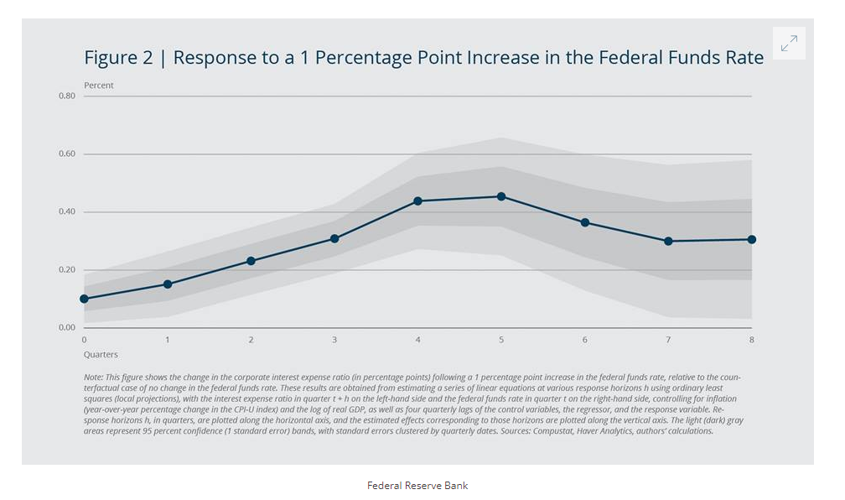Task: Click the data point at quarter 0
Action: [84, 299]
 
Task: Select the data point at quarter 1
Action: [168, 284]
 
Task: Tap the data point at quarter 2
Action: [251, 261]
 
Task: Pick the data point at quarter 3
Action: [334, 239]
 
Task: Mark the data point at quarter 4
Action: [417, 201]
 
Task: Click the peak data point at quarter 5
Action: [501, 196]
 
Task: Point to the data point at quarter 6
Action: [585, 222]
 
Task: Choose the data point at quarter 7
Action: [668, 241]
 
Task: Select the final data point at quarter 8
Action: [752, 239]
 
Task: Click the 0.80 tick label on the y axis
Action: [67, 96]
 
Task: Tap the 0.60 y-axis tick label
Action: [67, 154]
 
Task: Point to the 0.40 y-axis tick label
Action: [67, 211]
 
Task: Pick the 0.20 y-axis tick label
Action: [67, 269]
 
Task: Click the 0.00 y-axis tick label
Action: [67, 327]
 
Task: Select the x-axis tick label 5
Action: [501, 340]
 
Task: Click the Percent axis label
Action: [99, 86]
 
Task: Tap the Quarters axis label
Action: [101, 355]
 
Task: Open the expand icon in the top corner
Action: [789, 44]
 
